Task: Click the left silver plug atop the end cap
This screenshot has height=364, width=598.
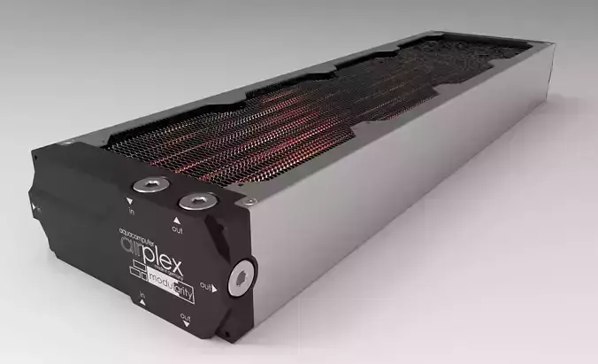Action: [146, 185]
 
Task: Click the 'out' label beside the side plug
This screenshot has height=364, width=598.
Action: [205, 287]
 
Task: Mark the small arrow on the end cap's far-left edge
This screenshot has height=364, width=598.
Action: [34, 206]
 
